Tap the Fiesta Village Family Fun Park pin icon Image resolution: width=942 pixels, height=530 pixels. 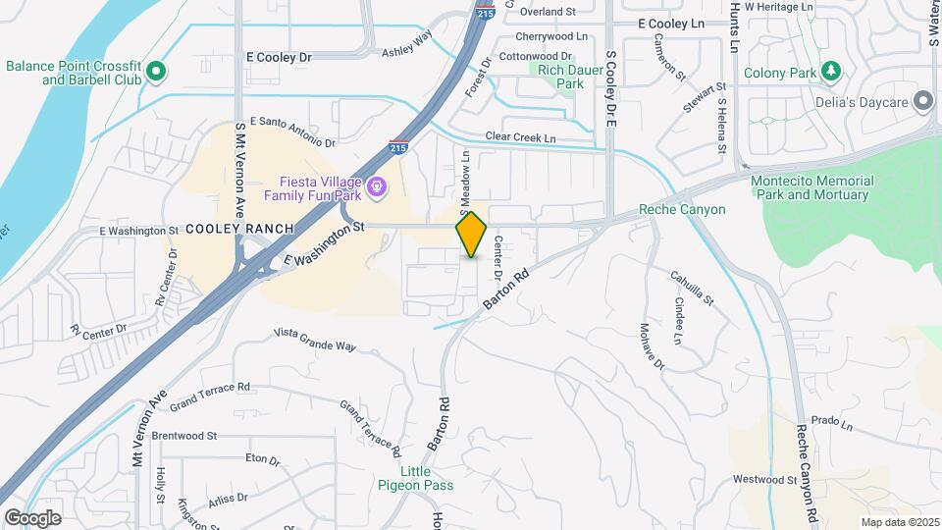tap(376, 185)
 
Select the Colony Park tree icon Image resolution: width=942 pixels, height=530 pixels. tap(831, 72)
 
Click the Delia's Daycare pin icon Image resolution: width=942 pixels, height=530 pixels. tap(922, 101)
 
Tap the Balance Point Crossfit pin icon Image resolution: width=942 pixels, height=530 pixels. tap(156, 71)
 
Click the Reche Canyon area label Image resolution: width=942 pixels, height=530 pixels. tap(682, 209)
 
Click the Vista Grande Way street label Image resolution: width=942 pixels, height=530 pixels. tap(314, 340)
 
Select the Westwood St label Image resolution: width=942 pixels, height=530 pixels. tap(764, 480)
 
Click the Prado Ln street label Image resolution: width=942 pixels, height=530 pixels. tap(831, 423)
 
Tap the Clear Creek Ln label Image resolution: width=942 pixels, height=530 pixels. tap(520, 138)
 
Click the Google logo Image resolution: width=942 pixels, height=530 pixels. tap(32, 518)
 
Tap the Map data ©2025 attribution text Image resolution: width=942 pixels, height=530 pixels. tap(899, 522)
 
